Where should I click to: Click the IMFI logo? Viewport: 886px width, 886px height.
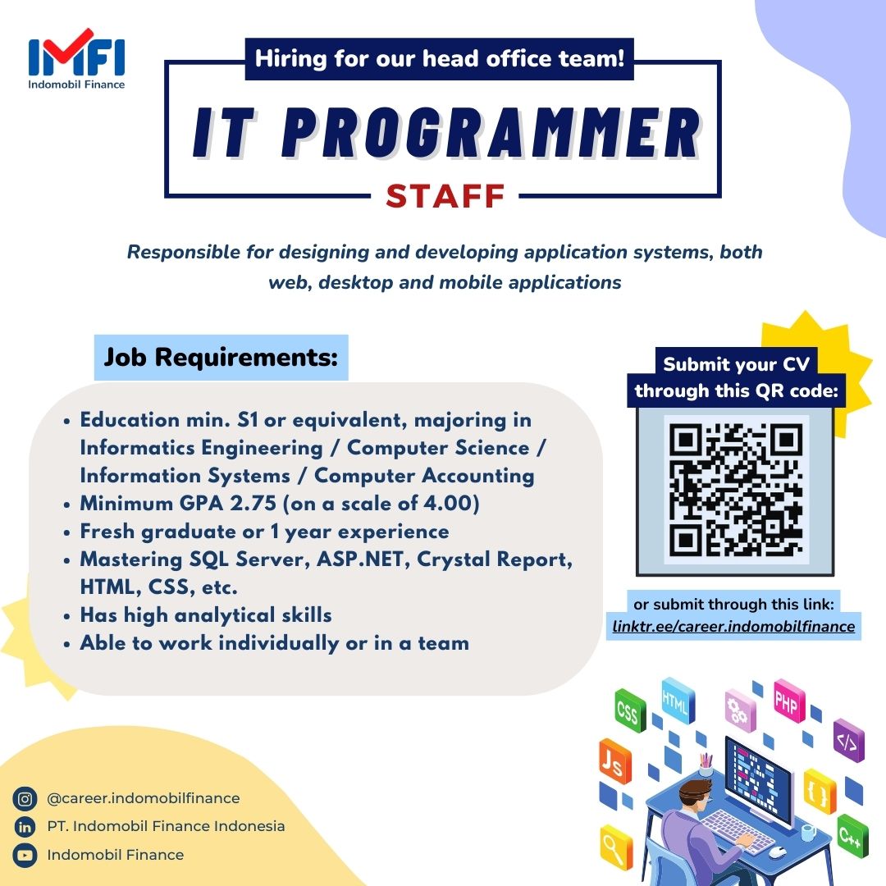(76, 59)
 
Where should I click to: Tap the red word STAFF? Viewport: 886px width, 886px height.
(445, 196)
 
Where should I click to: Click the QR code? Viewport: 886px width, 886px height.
(735, 490)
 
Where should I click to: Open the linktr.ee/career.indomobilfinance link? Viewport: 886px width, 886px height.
(733, 627)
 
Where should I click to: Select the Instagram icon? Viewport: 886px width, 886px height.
(25, 799)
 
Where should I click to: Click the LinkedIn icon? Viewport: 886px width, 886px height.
(25, 827)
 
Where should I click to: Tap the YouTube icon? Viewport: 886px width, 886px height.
(25, 855)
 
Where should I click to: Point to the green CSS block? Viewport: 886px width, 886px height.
(629, 710)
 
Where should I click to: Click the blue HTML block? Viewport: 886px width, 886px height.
(678, 701)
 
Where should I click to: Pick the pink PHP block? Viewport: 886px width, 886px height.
(789, 701)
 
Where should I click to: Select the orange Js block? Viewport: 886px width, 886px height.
(614, 761)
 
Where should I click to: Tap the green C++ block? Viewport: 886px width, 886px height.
(852, 836)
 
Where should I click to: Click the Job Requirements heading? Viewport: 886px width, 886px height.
(221, 357)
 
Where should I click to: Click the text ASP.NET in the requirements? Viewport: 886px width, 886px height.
(363, 559)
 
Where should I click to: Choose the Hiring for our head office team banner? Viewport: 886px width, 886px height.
(440, 59)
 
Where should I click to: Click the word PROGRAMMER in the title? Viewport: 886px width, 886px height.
(491, 133)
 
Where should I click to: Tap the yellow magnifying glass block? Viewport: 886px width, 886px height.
(616, 848)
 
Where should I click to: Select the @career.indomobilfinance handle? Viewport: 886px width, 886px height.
(144, 798)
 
